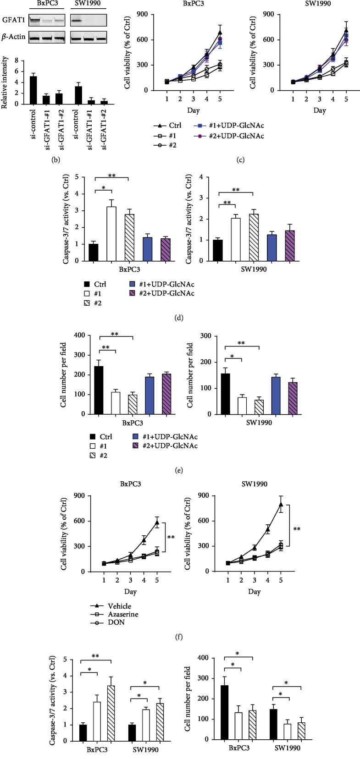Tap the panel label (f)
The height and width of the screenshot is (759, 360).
pos(180,636)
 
